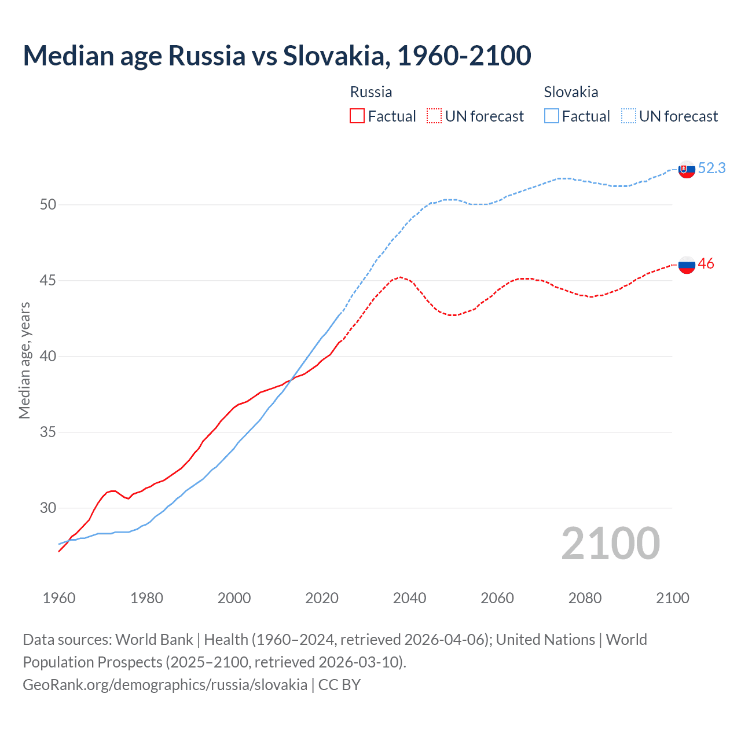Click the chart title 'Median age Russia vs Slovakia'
[277, 56]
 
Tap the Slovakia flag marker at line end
[686, 169]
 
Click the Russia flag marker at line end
[686, 265]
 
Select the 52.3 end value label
[711, 168]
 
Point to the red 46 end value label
[706, 264]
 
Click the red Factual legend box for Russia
[357, 116]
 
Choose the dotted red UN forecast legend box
[434, 116]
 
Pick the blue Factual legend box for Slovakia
[552, 116]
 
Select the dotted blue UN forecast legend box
[629, 116]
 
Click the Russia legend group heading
[371, 92]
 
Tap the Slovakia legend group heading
[571, 92]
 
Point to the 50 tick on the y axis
[48, 204]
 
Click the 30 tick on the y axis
[48, 508]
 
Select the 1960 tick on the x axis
[59, 598]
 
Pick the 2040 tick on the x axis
[409, 598]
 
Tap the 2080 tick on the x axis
[585, 598]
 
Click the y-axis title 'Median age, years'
[24, 360]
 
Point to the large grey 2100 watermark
[610, 543]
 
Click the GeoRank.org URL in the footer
[165, 685]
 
